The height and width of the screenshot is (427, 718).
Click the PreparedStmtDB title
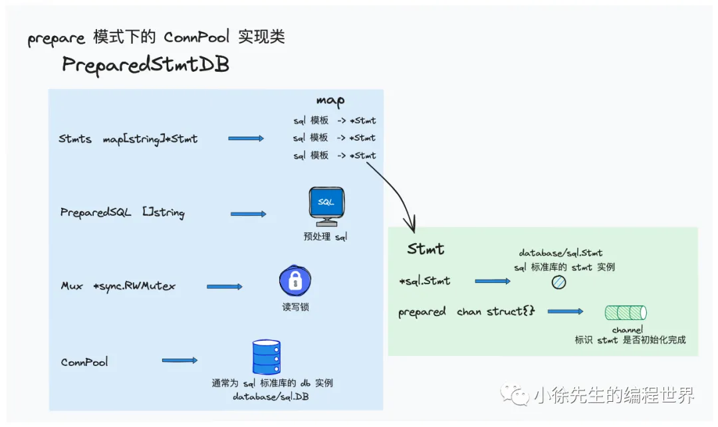(146, 65)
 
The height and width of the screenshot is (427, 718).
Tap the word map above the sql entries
(330, 101)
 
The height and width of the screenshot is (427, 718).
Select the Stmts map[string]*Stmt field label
(128, 139)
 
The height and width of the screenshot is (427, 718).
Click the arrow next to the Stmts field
(245, 139)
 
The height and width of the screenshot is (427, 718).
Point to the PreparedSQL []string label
(122, 213)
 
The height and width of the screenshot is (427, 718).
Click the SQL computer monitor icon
(326, 207)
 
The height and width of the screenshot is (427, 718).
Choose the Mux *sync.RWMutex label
(118, 286)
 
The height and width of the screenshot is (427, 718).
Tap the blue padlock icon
(295, 281)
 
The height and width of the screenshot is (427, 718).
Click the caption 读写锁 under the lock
(295, 307)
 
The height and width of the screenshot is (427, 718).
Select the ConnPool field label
(84, 362)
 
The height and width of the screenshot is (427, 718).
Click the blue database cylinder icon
(266, 357)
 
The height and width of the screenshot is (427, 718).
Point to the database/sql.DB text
(271, 397)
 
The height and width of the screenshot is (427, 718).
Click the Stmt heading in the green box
(425, 250)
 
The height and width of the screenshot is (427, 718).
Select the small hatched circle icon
(558, 282)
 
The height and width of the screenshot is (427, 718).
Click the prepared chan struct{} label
(467, 312)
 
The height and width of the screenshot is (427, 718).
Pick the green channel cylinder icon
(625, 313)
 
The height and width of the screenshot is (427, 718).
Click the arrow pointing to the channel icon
(565, 311)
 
